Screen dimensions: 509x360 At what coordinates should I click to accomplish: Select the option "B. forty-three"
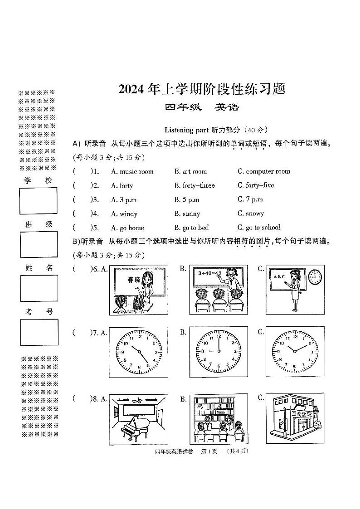(x=195, y=185)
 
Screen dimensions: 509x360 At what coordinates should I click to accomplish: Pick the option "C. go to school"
(x=258, y=228)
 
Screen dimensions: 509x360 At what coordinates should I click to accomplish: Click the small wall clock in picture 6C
(x=315, y=276)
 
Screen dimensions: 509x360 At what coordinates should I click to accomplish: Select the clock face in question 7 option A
(x=138, y=352)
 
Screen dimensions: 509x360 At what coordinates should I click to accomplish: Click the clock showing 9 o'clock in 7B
(x=218, y=352)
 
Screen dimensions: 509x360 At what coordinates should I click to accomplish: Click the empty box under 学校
(x=39, y=200)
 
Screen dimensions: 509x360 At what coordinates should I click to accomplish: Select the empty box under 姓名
(x=39, y=288)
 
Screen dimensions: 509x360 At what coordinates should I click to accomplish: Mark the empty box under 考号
(x=39, y=332)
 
